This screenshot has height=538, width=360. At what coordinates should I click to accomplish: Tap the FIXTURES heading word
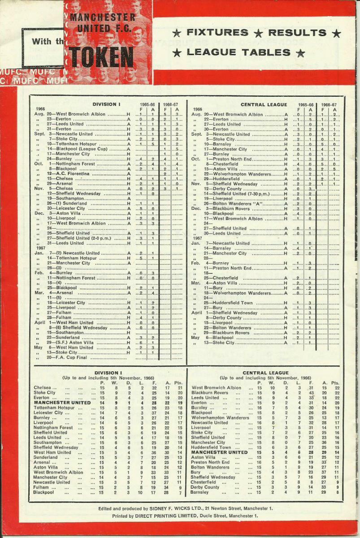click(x=217, y=32)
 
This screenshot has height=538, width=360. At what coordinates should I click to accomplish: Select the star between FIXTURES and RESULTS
click(x=258, y=33)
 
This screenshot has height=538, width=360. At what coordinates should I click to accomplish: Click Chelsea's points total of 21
click(x=180, y=388)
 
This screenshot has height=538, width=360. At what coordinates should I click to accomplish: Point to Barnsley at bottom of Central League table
click(x=200, y=492)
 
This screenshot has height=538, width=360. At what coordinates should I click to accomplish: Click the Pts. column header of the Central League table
click(x=335, y=383)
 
